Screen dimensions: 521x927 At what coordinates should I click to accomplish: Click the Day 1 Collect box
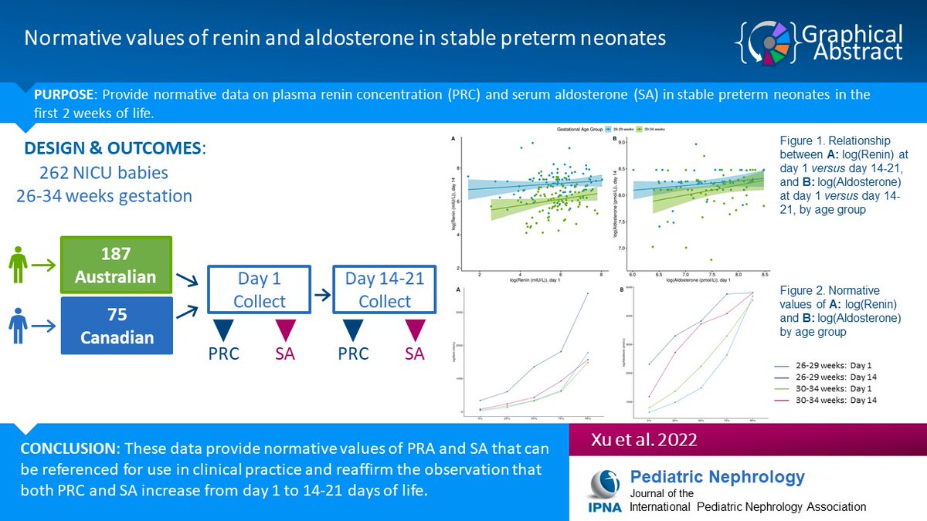pyautogui.click(x=259, y=290)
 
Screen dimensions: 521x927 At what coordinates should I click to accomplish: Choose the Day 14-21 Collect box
pyautogui.click(x=384, y=290)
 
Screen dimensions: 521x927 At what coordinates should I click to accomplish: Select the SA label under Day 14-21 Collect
pyautogui.click(x=414, y=354)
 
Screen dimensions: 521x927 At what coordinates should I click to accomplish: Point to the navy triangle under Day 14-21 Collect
pyautogui.click(x=353, y=327)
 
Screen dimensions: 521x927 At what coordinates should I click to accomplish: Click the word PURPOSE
pyautogui.click(x=64, y=95)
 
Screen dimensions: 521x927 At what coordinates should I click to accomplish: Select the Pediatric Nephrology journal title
pyautogui.click(x=718, y=477)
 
